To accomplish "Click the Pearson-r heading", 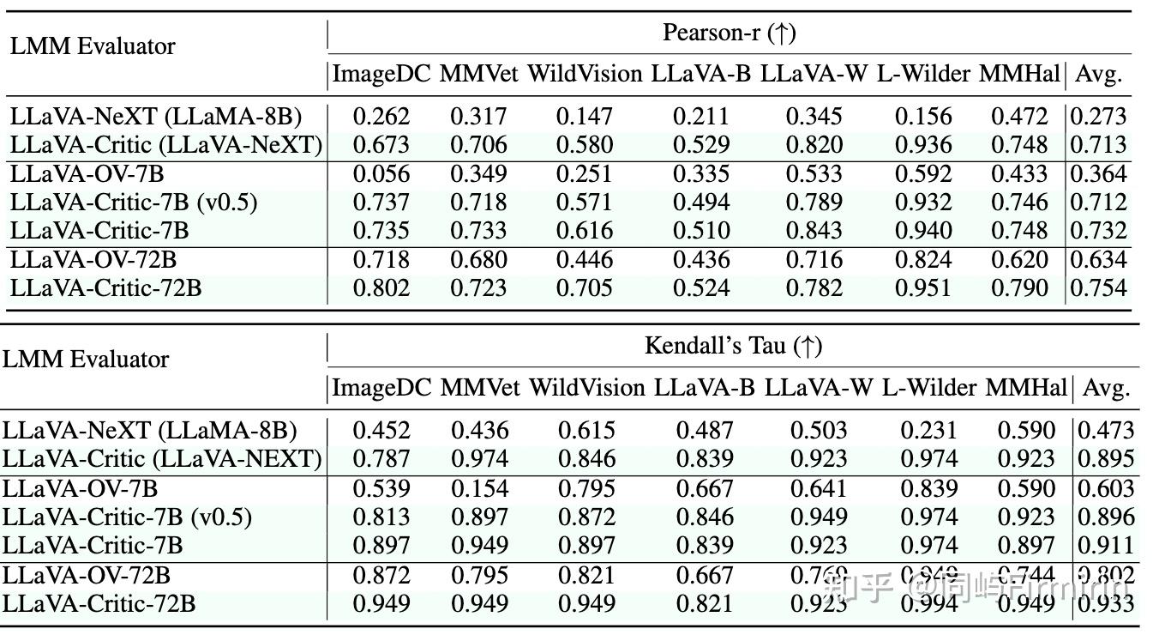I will click(x=730, y=33).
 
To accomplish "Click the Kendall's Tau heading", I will click(x=733, y=346).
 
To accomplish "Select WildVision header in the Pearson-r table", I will click(x=584, y=74).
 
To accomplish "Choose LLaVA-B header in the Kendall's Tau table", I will click(x=705, y=388).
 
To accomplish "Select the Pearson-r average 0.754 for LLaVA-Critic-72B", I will click(x=1098, y=288).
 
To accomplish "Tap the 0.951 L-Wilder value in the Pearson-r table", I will click(x=923, y=288).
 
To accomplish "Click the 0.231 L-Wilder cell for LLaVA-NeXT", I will click(x=929, y=430).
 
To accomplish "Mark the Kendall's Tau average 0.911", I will click(x=1106, y=546).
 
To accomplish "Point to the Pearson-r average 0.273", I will click(x=1098, y=116).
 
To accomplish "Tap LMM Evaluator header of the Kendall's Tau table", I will click(x=86, y=360).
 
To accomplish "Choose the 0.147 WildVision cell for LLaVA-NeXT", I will click(x=584, y=116).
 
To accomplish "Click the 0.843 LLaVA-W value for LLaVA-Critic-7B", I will click(x=814, y=231).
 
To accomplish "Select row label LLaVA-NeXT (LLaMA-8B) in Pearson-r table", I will click(x=156, y=116).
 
